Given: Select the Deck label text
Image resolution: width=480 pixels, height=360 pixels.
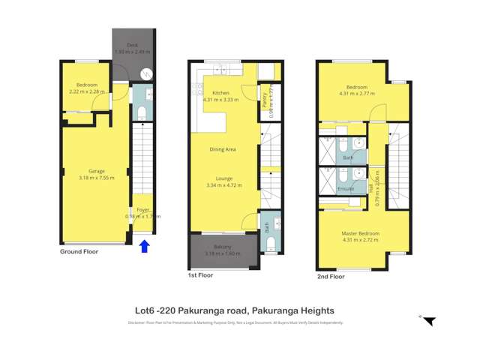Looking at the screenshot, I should (132, 45).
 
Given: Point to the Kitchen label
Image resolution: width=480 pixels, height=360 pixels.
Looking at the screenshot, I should (220, 93).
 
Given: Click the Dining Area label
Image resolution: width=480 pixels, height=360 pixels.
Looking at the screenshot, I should (223, 149).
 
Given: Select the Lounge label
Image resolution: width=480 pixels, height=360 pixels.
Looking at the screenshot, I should (223, 178).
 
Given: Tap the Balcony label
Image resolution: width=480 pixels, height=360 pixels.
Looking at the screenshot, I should (223, 247).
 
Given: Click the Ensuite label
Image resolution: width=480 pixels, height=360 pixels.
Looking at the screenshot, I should (346, 189).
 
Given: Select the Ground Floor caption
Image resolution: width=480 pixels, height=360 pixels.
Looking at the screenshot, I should (79, 252).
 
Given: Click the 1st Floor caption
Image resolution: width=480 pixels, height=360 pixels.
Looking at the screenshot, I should (200, 275).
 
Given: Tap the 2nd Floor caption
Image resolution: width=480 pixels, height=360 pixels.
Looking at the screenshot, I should (330, 276).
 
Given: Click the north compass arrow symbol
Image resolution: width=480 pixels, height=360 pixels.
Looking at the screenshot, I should (428, 321).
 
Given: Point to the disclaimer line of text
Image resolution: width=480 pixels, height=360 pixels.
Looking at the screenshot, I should (235, 323).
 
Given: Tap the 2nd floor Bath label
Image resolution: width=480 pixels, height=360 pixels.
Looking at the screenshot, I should (347, 158).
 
